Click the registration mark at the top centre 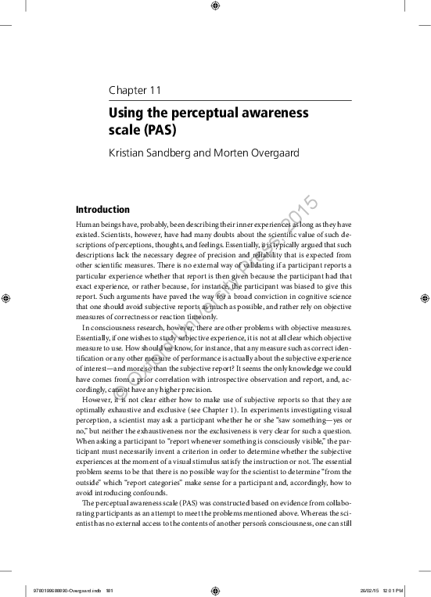pos(215,7)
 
